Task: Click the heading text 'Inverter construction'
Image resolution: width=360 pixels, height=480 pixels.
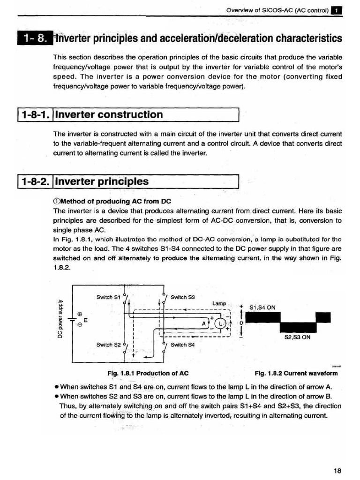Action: click(x=109, y=114)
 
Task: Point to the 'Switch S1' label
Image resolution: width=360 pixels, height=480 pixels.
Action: click(x=108, y=297)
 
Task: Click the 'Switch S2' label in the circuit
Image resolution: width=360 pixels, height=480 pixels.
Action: click(x=108, y=345)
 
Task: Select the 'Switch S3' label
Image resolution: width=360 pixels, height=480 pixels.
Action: click(x=182, y=297)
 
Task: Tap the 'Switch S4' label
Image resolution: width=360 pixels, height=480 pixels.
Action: click(x=182, y=345)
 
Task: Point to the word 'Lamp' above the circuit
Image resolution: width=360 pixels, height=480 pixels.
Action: click(x=219, y=304)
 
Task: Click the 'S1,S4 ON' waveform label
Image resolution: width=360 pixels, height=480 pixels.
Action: click(x=262, y=308)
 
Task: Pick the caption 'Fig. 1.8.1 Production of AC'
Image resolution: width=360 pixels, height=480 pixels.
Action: click(x=148, y=374)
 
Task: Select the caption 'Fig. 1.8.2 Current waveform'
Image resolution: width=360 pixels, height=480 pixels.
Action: click(x=296, y=374)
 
